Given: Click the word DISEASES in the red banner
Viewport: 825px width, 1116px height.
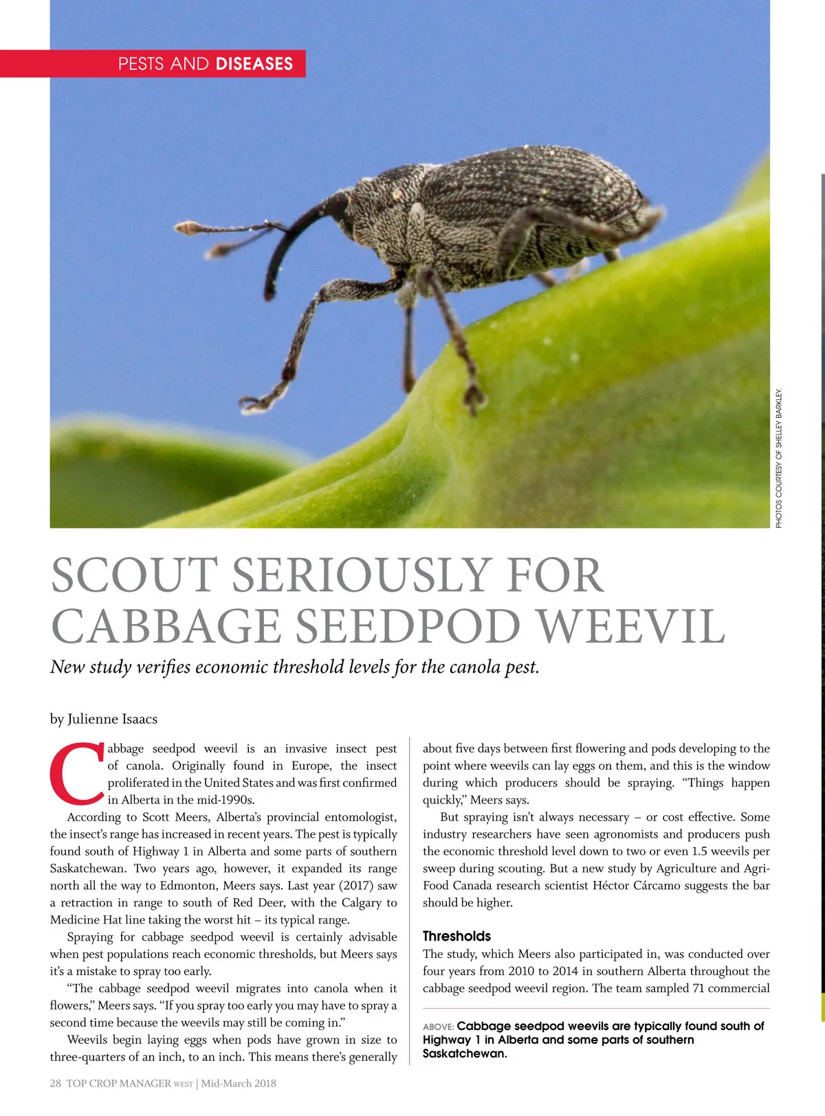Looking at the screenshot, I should click(254, 64).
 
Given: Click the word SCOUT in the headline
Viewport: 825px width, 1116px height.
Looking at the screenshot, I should click(134, 576).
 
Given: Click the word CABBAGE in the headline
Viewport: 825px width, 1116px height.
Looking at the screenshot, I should click(166, 627).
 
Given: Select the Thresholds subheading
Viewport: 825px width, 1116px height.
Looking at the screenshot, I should click(456, 936).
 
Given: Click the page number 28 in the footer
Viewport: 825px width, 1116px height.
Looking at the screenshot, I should click(56, 1083).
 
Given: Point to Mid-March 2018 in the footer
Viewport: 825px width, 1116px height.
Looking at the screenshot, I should click(239, 1083).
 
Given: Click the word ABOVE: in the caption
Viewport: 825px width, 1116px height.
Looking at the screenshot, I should click(438, 1027).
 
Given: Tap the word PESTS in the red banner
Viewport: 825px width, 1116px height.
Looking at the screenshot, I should click(141, 64).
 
